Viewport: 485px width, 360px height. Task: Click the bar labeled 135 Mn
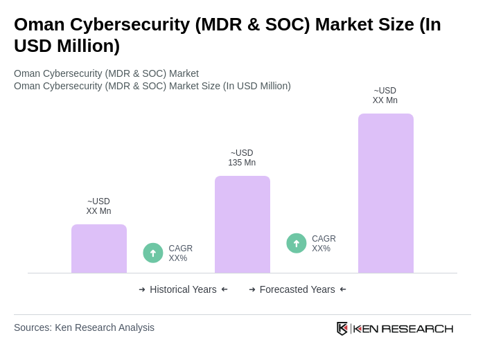pyautogui.click(x=242, y=224)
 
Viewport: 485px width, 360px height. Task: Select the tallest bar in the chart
pyautogui.click(x=385, y=193)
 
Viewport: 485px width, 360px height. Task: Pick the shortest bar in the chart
pyautogui.click(x=98, y=249)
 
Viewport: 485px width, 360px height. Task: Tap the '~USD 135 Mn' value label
pyautogui.click(x=242, y=158)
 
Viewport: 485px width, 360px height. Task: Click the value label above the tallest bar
pyautogui.click(x=385, y=96)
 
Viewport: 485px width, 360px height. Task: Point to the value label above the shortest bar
pyautogui.click(x=98, y=206)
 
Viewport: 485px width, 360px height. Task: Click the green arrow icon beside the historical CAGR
pyautogui.click(x=153, y=253)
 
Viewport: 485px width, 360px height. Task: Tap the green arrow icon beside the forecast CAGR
pyautogui.click(x=297, y=244)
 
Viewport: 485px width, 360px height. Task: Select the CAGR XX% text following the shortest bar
pyautogui.click(x=180, y=253)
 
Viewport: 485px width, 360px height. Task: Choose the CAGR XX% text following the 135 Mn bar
pyautogui.click(x=324, y=244)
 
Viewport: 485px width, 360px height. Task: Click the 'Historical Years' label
pyautogui.click(x=183, y=289)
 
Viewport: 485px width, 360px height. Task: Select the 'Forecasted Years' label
pyautogui.click(x=297, y=289)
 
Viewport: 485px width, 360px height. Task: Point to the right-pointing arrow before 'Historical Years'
pyautogui.click(x=142, y=289)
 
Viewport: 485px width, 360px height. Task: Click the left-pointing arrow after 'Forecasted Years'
pyautogui.click(x=343, y=289)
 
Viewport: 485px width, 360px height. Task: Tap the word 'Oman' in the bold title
pyautogui.click(x=38, y=24)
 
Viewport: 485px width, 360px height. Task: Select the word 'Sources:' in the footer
pyautogui.click(x=33, y=327)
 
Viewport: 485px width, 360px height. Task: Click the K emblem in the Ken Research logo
pyautogui.click(x=342, y=328)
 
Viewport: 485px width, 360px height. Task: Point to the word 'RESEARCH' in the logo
pyautogui.click(x=417, y=328)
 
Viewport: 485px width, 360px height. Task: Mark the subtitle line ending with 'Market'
pyautogui.click(x=106, y=73)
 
